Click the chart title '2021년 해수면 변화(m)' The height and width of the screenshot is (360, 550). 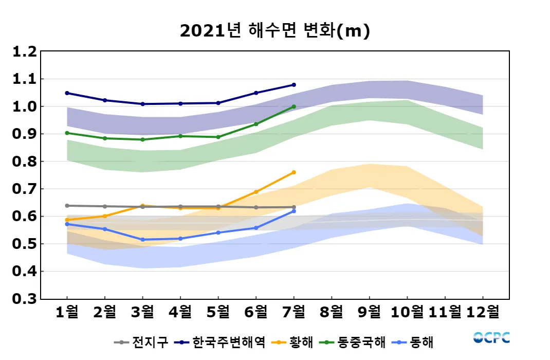tap(275, 31)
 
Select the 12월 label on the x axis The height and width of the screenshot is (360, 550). tap(483, 312)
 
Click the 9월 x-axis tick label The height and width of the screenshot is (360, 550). tap(369, 312)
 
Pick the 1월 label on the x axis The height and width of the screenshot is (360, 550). tap(67, 312)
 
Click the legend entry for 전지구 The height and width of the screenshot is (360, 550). tap(141, 342)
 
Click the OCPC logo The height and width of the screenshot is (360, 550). tap(491, 337)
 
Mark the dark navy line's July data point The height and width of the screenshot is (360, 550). tap(294, 85)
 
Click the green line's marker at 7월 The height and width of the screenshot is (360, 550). tap(294, 106)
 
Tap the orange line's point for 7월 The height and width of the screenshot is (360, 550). tap(294, 172)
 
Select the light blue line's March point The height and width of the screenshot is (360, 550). tap(143, 240)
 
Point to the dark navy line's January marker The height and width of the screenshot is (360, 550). tap(67, 93)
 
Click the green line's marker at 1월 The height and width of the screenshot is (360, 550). tap(67, 133)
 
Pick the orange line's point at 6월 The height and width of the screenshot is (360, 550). tap(256, 192)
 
